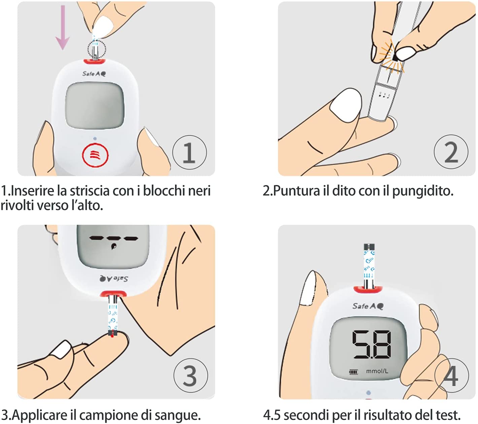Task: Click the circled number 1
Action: tap(190, 152)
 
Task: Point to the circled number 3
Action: tap(191, 375)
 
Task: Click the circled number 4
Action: tap(451, 375)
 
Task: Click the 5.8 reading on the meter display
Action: tap(372, 345)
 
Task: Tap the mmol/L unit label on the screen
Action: tap(377, 371)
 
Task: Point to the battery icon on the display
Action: tap(353, 372)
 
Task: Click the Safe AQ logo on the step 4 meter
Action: tap(368, 306)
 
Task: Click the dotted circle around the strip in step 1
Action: tap(96, 49)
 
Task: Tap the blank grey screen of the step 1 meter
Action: tap(95, 105)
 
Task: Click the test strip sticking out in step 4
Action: tap(369, 266)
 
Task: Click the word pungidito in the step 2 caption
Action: tap(422, 191)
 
